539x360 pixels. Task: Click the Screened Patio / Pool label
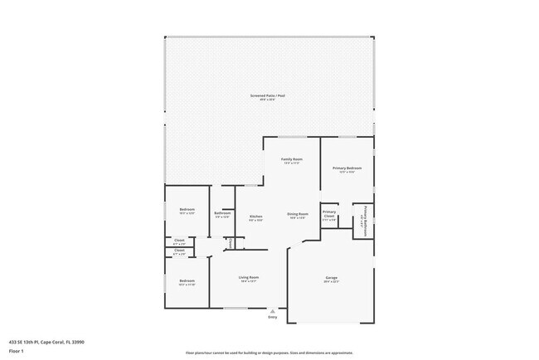(269, 95)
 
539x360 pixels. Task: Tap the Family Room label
(291, 159)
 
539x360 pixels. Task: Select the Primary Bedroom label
(345, 168)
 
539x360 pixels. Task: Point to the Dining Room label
(298, 214)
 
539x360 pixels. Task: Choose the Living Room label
(250, 278)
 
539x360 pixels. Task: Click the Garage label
(331, 278)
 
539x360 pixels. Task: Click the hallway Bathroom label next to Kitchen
(222, 214)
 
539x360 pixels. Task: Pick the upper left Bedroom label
(187, 210)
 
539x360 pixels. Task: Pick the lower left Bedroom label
(187, 281)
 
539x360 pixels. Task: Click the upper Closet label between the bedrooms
(180, 241)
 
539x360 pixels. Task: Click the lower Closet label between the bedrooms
(180, 252)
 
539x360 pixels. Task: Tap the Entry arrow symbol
(273, 310)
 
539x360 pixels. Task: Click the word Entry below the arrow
(273, 317)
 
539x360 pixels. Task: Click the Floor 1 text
(17, 349)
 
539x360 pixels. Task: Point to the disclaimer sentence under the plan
(269, 353)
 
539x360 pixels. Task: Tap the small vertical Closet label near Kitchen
(231, 243)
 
